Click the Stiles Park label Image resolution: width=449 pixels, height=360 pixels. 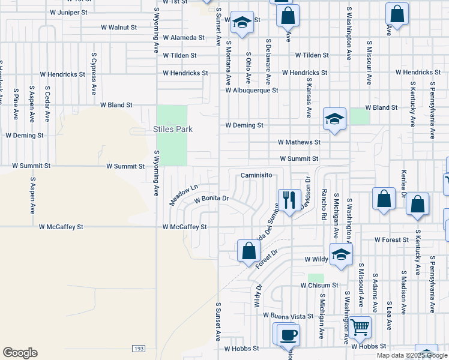(172, 130)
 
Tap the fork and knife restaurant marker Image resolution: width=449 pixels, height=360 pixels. (289, 199)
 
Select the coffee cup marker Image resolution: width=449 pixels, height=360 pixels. (288, 334)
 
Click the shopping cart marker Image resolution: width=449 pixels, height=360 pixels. (360, 327)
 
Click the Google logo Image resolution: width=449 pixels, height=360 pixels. (20, 353)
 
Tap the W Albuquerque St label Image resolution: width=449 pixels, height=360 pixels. (252, 91)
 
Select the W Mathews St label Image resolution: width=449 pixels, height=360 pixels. (300, 142)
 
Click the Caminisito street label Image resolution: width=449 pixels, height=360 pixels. (257, 175)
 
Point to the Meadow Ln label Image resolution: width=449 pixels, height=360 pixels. (183, 195)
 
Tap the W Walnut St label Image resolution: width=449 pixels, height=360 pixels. (119, 28)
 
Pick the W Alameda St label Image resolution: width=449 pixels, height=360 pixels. (184, 37)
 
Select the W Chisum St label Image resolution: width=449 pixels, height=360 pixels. (319, 285)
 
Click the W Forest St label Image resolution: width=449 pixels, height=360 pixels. (391, 239)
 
